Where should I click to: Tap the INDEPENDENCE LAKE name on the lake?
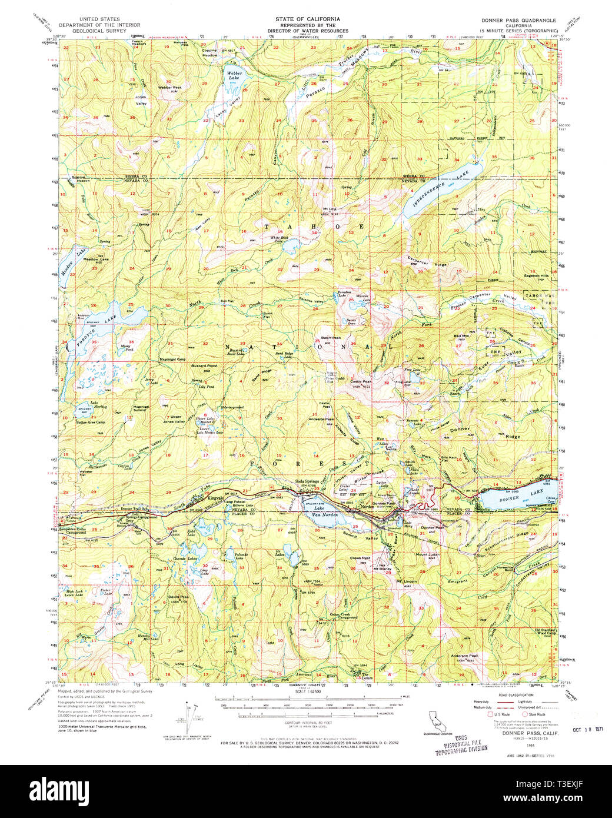click(436, 189)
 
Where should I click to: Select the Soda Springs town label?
click(307, 481)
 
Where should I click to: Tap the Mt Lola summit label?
click(328, 209)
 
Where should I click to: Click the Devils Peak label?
click(178, 597)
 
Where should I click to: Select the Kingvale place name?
click(215, 498)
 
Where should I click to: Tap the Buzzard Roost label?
click(204, 365)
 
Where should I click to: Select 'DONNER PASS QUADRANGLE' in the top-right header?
click(518, 20)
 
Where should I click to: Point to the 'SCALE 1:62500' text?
click(306, 706)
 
